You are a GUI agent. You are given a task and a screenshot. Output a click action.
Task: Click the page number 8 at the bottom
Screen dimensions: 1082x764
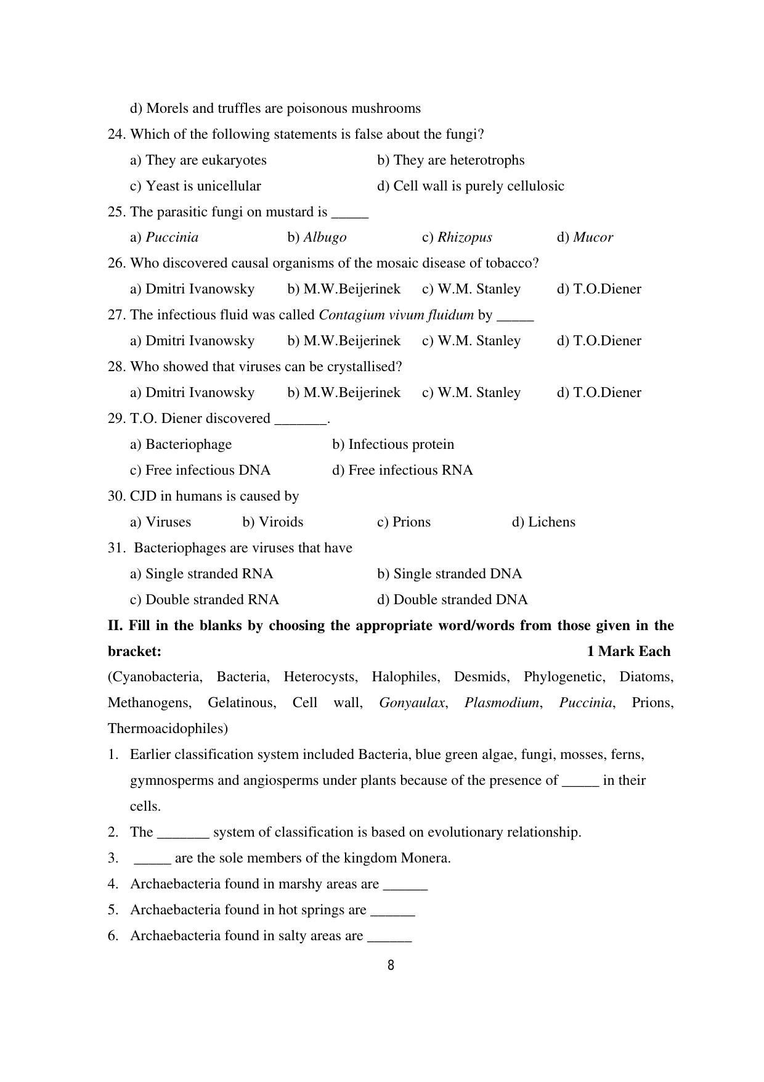point(391,965)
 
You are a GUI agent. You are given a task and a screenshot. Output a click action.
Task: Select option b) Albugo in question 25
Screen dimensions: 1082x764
point(317,237)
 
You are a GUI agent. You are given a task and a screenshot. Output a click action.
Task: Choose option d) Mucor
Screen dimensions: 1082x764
point(585,237)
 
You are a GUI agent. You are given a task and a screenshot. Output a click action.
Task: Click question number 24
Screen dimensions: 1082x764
point(116,134)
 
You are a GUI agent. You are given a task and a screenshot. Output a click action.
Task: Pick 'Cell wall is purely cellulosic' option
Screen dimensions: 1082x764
point(471,186)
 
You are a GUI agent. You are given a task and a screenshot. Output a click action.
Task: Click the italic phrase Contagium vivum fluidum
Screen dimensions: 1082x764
point(396,315)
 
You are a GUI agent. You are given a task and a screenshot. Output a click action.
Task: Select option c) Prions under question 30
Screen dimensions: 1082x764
point(404,522)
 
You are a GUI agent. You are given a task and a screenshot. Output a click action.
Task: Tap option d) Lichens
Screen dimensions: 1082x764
point(543,522)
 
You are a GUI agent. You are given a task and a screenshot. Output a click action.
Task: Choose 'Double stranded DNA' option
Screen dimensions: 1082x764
point(452,600)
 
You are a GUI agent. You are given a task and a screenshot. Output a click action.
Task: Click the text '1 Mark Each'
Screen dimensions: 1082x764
point(628,652)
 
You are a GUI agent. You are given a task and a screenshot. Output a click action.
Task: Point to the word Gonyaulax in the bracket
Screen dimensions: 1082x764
point(412,703)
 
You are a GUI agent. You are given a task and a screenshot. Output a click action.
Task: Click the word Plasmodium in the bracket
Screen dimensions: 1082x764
point(502,703)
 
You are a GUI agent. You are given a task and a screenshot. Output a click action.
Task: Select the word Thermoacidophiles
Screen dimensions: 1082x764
point(168,729)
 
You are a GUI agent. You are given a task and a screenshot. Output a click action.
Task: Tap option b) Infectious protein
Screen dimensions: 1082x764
point(393,445)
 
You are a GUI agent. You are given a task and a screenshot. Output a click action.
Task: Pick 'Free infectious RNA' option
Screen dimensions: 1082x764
point(402,470)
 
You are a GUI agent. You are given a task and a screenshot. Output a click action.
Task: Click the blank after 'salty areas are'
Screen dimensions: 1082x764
point(389,937)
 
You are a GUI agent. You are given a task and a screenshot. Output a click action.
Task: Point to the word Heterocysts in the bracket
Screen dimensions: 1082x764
point(320,677)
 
